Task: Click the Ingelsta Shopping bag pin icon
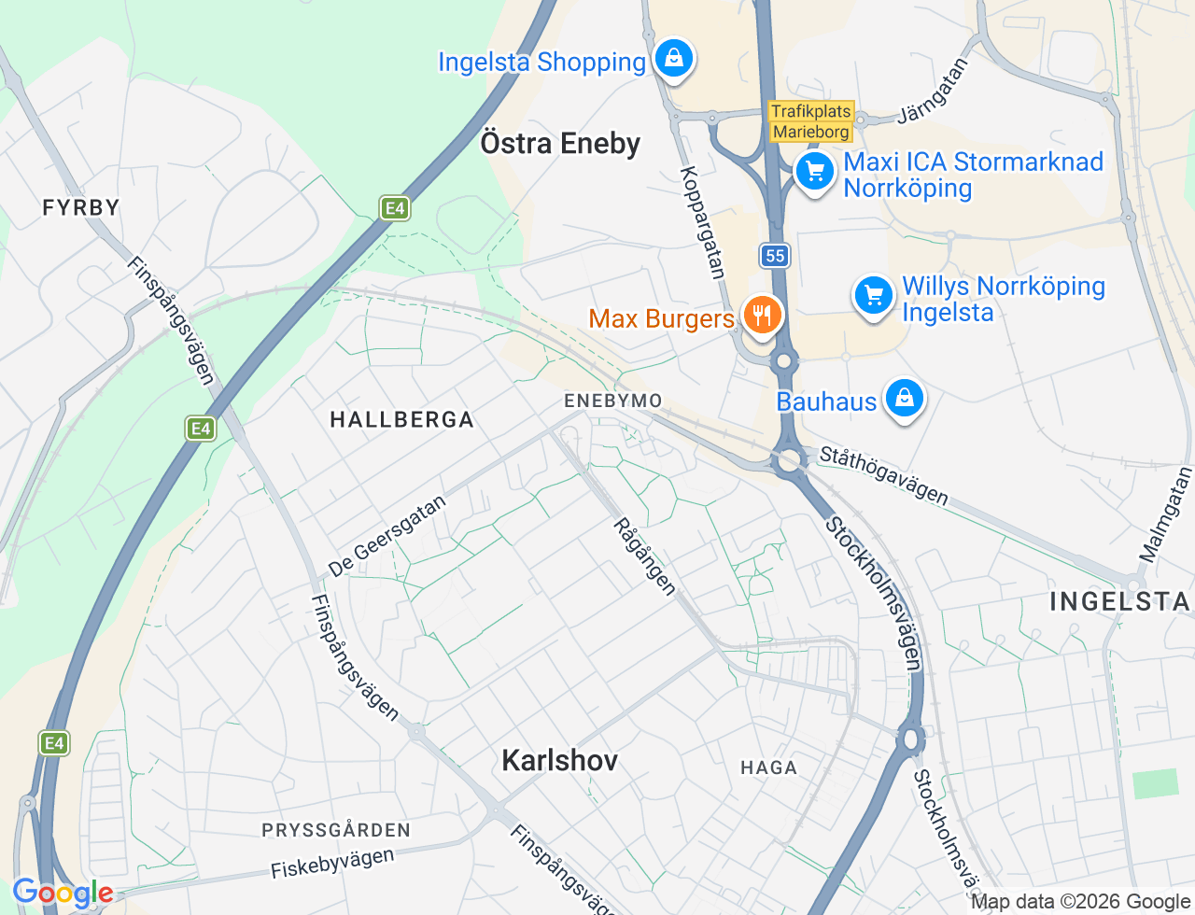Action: click(673, 59)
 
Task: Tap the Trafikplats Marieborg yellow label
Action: click(811, 121)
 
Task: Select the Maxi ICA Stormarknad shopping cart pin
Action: click(815, 172)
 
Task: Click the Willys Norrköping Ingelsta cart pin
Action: click(874, 296)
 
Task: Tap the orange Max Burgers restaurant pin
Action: click(763, 315)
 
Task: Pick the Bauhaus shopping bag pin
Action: click(904, 399)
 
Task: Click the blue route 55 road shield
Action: click(774, 256)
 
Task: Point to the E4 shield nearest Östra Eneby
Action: click(395, 208)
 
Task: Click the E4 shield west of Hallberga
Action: click(201, 429)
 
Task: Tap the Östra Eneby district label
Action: click(560, 144)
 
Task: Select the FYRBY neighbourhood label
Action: click(81, 207)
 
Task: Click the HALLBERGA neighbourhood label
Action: click(402, 420)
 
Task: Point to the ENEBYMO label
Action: click(613, 401)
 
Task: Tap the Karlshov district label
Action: click(560, 760)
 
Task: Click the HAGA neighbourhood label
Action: click(768, 767)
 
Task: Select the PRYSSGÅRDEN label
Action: click(336, 830)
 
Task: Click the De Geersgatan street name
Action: click(387, 536)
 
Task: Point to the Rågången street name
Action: click(644, 556)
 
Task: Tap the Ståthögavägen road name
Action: click(883, 475)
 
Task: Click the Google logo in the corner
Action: click(63, 894)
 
